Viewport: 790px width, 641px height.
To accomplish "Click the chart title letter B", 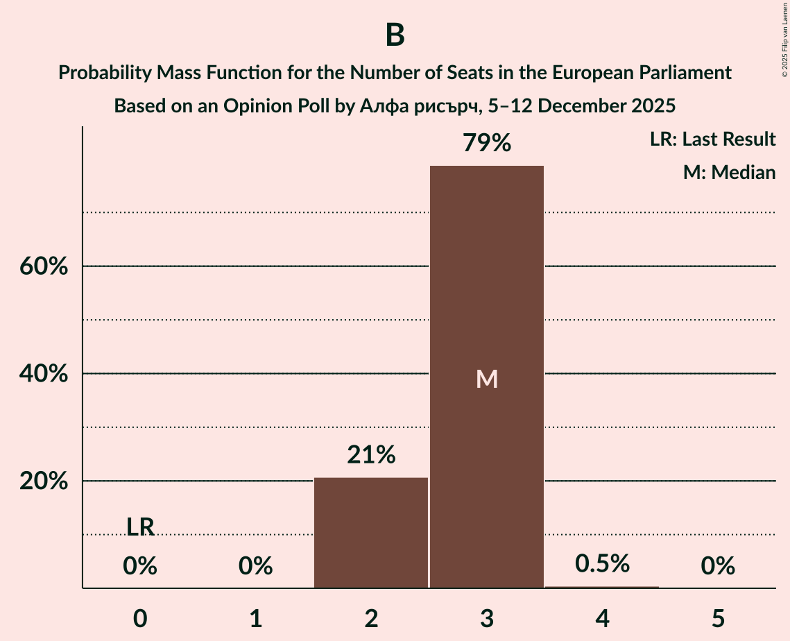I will pyautogui.click(x=395, y=35).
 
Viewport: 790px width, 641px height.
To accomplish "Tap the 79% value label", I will pyautogui.click(x=487, y=144).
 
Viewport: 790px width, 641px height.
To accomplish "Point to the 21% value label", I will pyautogui.click(x=371, y=455).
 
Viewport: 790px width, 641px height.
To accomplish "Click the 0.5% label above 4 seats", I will pyautogui.click(x=602, y=563).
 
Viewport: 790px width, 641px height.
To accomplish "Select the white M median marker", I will pyautogui.click(x=487, y=379).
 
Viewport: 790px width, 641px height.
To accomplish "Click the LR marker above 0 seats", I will pyautogui.click(x=140, y=527).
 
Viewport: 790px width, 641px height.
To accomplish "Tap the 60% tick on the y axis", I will pyautogui.click(x=43, y=266).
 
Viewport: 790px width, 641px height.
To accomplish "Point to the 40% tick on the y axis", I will pyautogui.click(x=43, y=374).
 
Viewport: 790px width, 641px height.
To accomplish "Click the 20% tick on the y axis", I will pyautogui.click(x=43, y=481).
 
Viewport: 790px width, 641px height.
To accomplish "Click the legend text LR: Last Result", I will pyautogui.click(x=712, y=139).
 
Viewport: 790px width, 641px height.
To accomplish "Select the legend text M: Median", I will pyautogui.click(x=729, y=172).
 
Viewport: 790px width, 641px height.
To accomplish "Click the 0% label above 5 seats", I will pyautogui.click(x=718, y=567).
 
